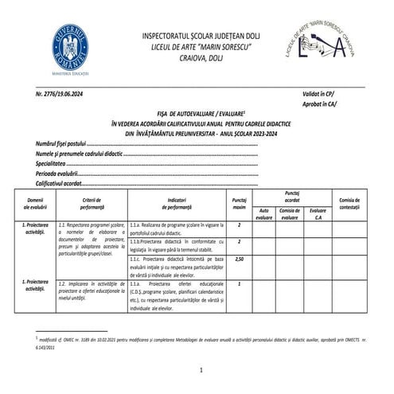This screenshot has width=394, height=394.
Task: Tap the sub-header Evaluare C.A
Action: tap(319, 213)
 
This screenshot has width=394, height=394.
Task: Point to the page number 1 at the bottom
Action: tap(201, 370)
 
